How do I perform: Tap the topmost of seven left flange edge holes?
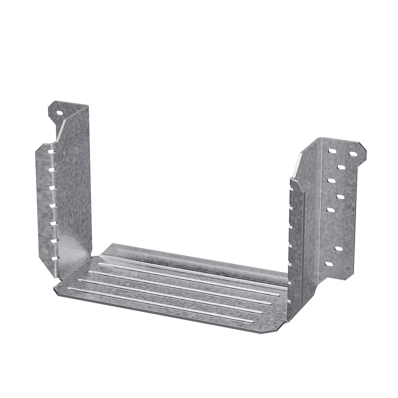[51, 152]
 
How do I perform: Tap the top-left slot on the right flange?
[332, 152]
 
